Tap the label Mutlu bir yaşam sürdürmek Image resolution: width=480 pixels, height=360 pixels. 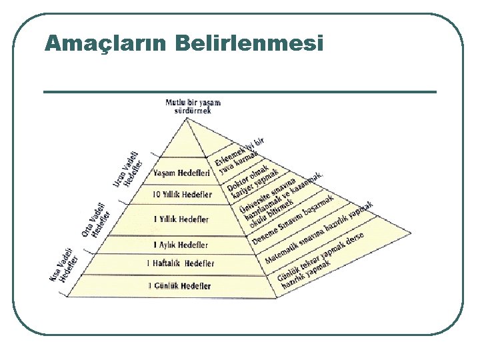pyautogui.click(x=193, y=107)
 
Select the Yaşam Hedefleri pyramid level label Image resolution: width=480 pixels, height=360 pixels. pyautogui.click(x=181, y=173)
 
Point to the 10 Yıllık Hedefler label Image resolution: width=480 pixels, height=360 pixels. pyautogui.click(x=182, y=195)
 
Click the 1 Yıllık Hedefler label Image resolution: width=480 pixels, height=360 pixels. pyautogui.click(x=181, y=219)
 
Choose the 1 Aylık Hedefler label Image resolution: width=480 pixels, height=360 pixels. pyautogui.click(x=181, y=245)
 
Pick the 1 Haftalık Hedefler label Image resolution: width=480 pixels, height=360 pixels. pyautogui.click(x=181, y=263)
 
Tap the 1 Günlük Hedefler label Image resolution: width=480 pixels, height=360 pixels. pyautogui.click(x=179, y=286)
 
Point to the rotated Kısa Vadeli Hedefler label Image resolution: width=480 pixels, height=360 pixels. pyautogui.click(x=65, y=267)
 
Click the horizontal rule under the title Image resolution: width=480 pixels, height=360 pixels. pyautogui.click(x=240, y=91)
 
